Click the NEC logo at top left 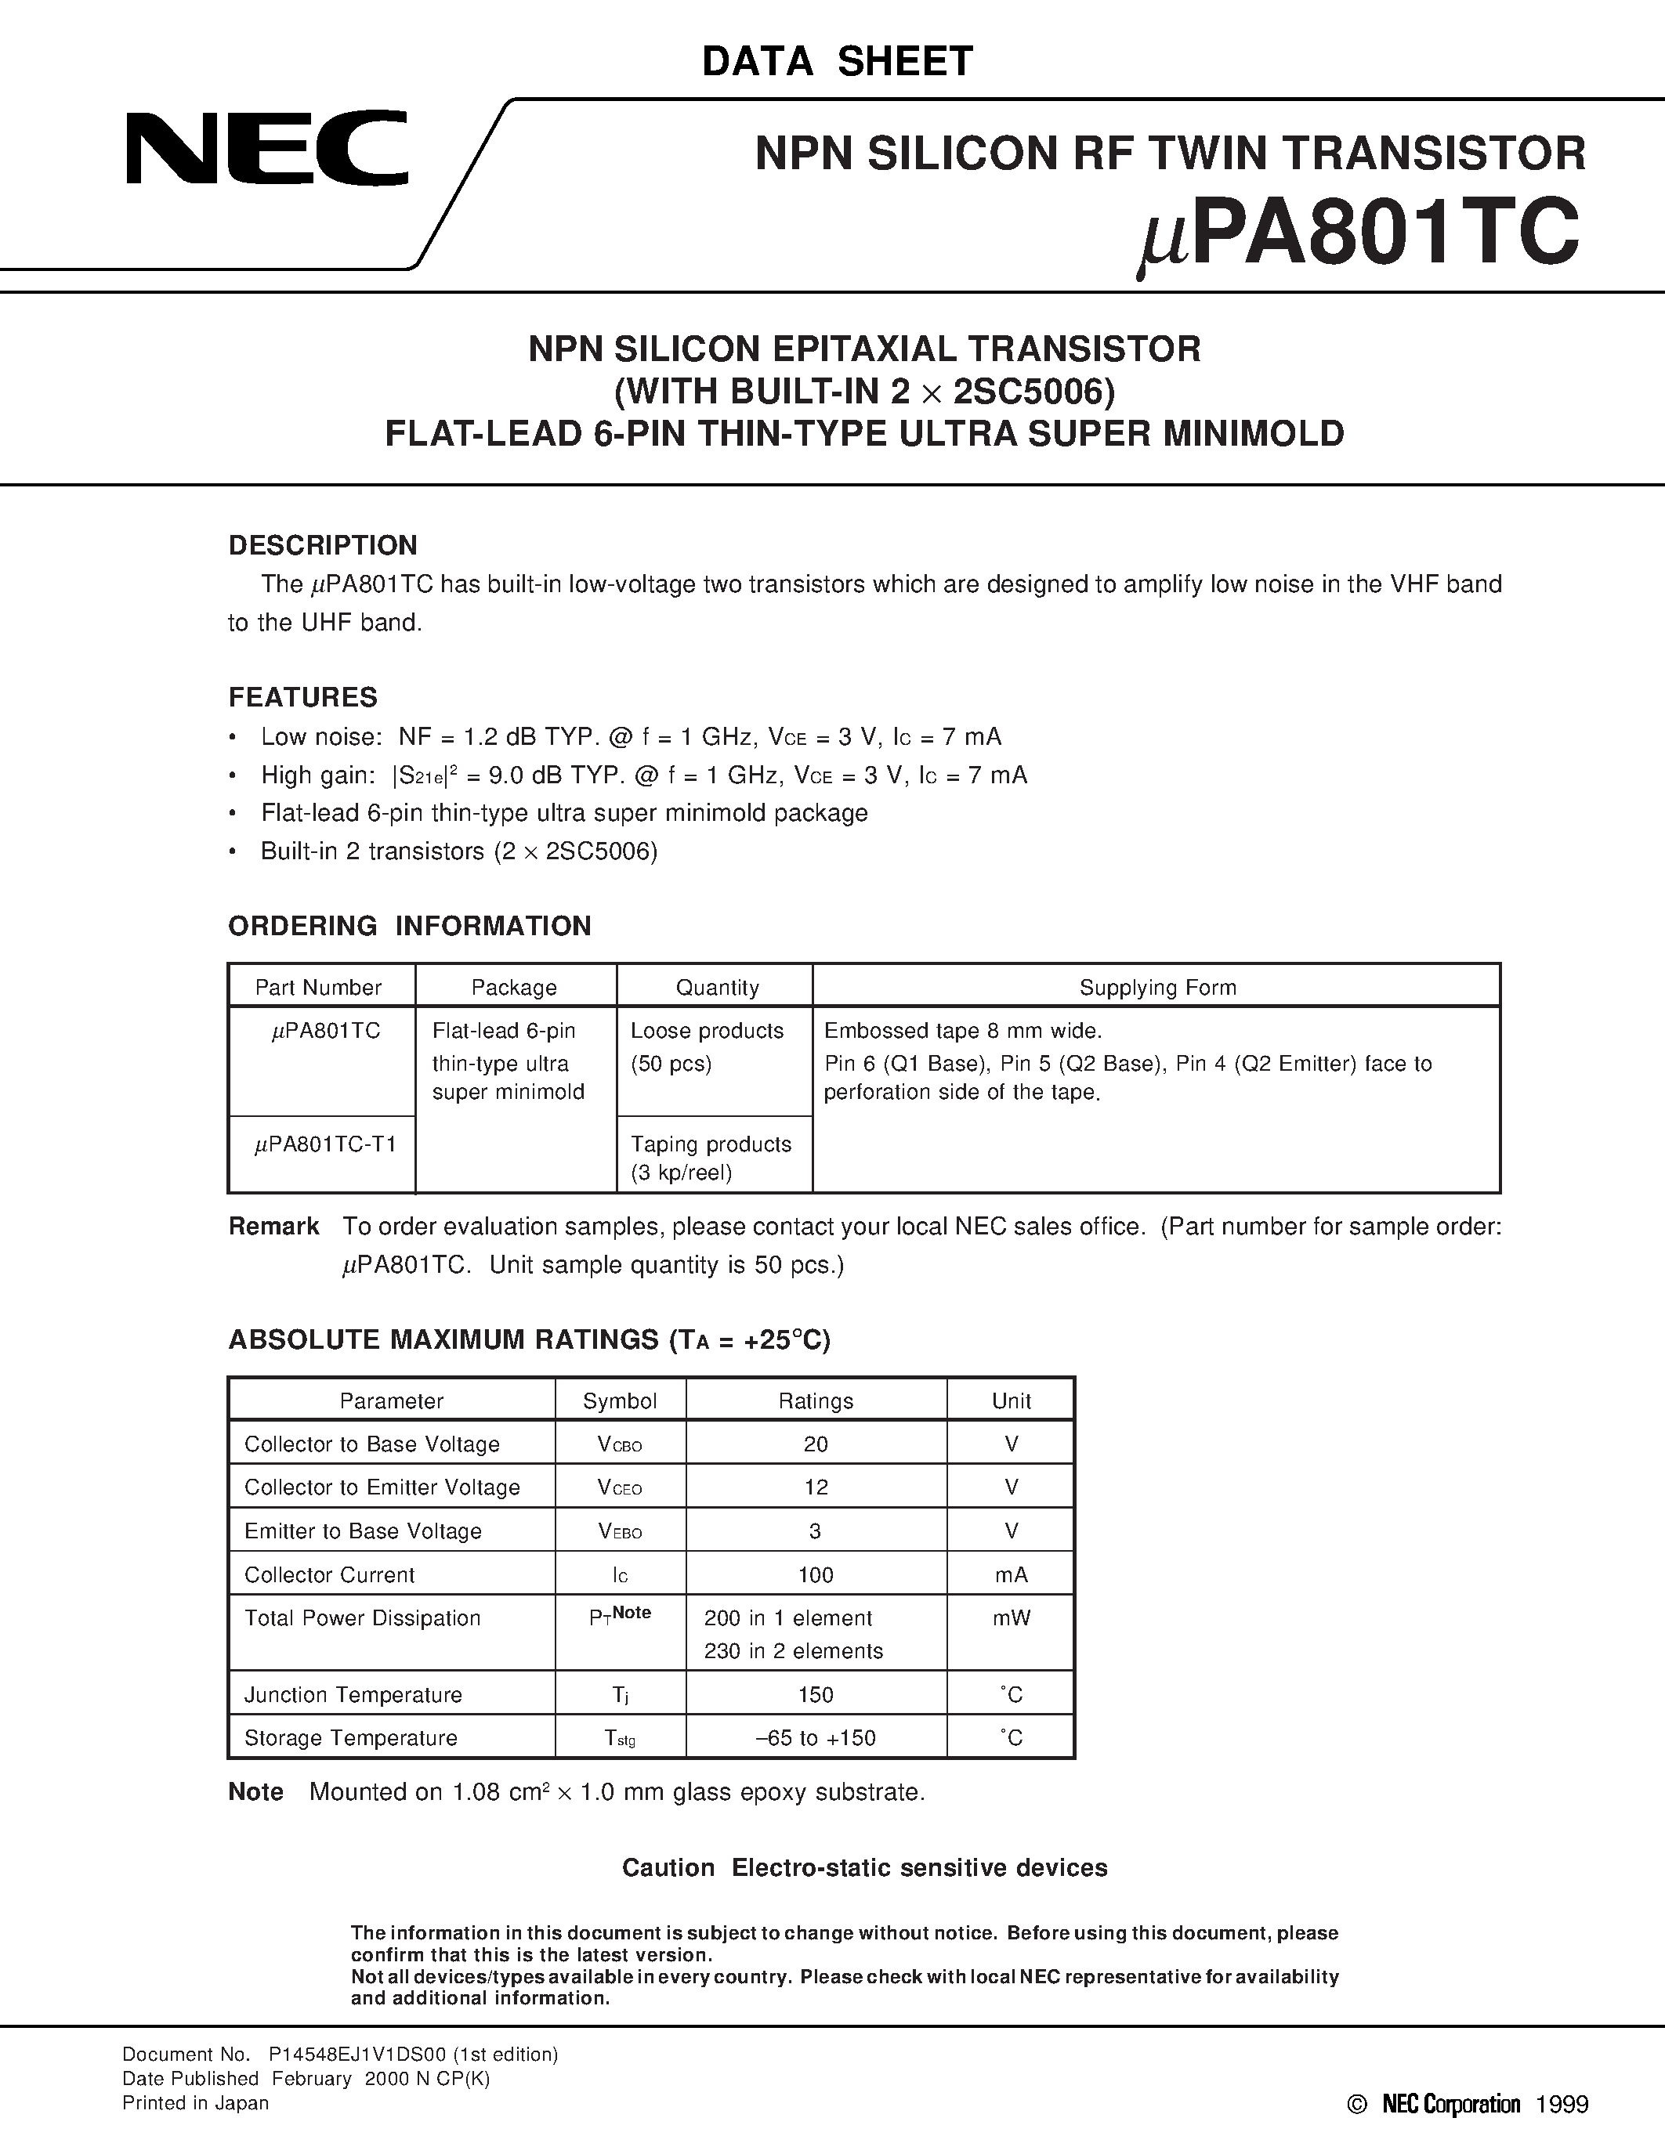[266, 149]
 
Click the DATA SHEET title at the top [837, 61]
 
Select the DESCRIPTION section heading [323, 545]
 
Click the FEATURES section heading [302, 697]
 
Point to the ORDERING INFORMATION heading [409, 925]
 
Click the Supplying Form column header [1157, 987]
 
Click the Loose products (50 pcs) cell [706, 1046]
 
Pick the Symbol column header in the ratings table [620, 1400]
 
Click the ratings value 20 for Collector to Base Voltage [815, 1444]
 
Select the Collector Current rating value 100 [815, 1575]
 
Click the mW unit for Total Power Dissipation [1011, 1618]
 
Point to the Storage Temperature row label [350, 1738]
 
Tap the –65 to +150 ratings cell [815, 1738]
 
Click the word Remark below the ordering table [273, 1226]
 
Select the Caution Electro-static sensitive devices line [864, 1868]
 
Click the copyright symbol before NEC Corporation [1357, 2105]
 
